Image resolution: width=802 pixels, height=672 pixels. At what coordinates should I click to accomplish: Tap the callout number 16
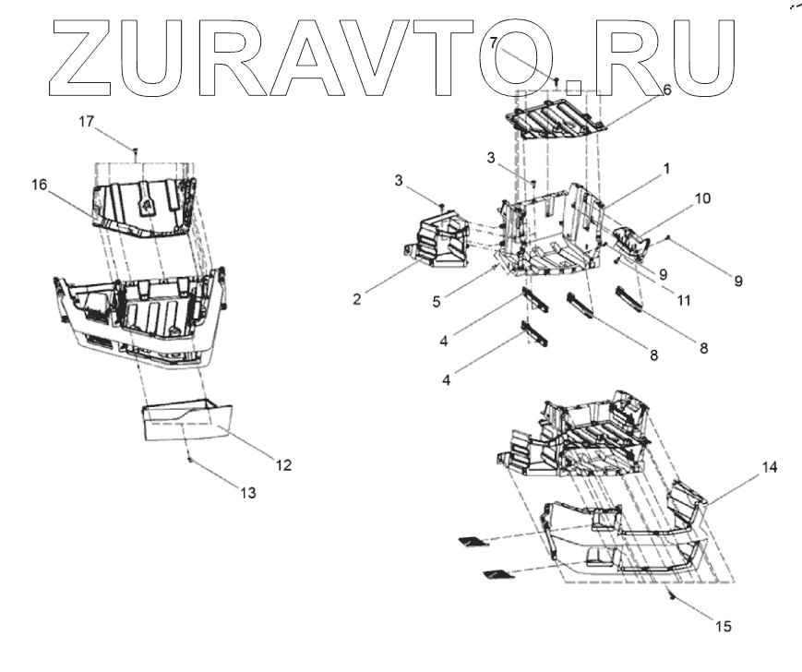click(x=39, y=185)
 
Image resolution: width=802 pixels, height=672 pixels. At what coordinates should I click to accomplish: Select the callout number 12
click(x=284, y=465)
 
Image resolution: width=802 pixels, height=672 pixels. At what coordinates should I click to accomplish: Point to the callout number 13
click(x=246, y=494)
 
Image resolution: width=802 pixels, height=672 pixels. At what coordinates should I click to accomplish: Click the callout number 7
click(x=494, y=42)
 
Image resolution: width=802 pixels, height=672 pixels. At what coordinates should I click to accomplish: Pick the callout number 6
click(x=666, y=90)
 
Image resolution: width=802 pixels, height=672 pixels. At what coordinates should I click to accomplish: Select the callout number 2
click(x=357, y=298)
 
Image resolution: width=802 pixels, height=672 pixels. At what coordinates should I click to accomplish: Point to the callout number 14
click(x=770, y=468)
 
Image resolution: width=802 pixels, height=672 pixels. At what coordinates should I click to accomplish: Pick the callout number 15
click(x=723, y=627)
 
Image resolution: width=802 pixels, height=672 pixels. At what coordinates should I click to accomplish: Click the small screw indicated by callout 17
click(x=136, y=149)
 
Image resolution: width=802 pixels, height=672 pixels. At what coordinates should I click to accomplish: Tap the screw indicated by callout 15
click(x=674, y=597)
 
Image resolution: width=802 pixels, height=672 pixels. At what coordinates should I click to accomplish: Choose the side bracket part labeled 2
click(x=438, y=242)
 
